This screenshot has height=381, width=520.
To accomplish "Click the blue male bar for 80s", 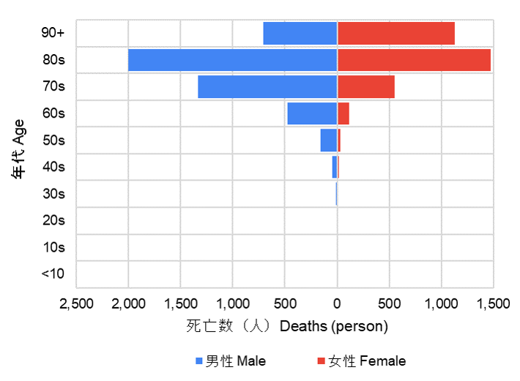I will click(232, 60).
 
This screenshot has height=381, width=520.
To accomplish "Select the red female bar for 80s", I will click(414, 60).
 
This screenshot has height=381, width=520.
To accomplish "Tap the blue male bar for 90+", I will click(300, 34).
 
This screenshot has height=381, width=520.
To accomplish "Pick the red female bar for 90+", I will click(395, 34).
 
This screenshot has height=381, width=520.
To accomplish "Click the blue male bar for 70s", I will click(267, 87).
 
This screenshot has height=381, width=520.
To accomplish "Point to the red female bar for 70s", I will click(365, 87).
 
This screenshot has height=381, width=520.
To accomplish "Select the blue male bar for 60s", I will click(312, 113).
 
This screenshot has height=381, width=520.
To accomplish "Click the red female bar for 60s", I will click(343, 113).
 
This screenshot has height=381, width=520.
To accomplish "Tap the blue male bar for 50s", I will click(328, 140).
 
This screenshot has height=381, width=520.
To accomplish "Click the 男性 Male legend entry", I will click(231, 361).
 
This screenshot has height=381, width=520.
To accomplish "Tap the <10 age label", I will click(53, 274).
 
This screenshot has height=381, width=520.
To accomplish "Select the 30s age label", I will click(53, 194).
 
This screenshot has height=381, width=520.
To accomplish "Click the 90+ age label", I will click(53, 33).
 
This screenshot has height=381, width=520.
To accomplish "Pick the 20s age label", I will click(53, 220).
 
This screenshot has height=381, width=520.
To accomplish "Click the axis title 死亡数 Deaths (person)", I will click(286, 326).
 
